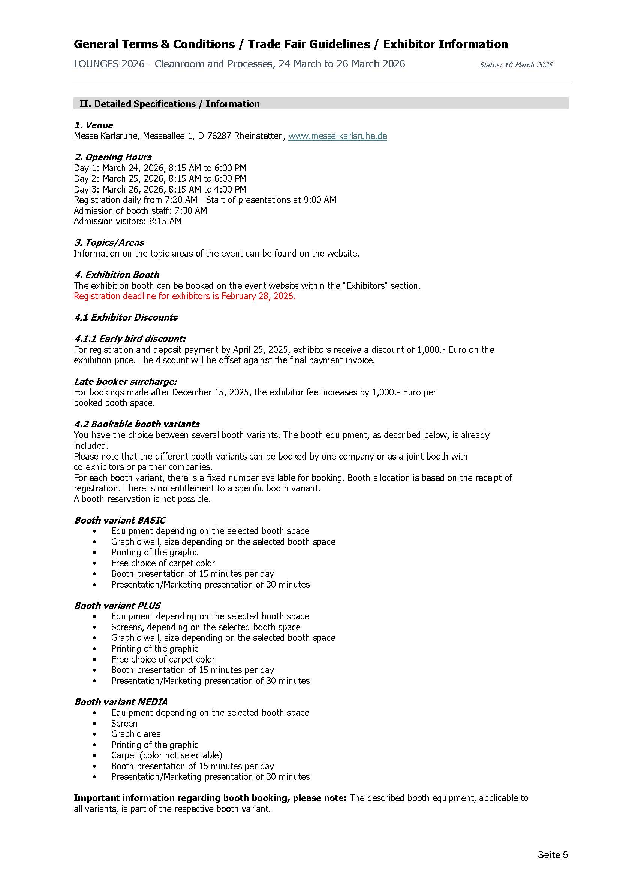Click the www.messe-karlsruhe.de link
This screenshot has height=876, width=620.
337,136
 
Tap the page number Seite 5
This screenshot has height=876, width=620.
553,855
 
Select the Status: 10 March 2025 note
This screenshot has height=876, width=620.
515,65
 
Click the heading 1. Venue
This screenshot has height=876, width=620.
94,125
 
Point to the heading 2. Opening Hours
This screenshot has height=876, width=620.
112,157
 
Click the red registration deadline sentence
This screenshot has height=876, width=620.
184,297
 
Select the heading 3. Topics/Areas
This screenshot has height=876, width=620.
109,243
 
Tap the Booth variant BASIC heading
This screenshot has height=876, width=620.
120,521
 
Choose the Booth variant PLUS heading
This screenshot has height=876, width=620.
118,606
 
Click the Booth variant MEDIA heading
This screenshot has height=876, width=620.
121,702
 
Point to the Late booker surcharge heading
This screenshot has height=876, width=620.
126,382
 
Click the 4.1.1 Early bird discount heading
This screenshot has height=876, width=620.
130,339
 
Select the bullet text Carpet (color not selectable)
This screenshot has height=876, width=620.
166,755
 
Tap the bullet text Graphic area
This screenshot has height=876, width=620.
136,734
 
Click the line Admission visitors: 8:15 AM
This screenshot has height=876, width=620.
127,221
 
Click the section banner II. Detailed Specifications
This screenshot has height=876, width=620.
169,104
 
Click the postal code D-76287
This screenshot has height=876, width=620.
214,136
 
